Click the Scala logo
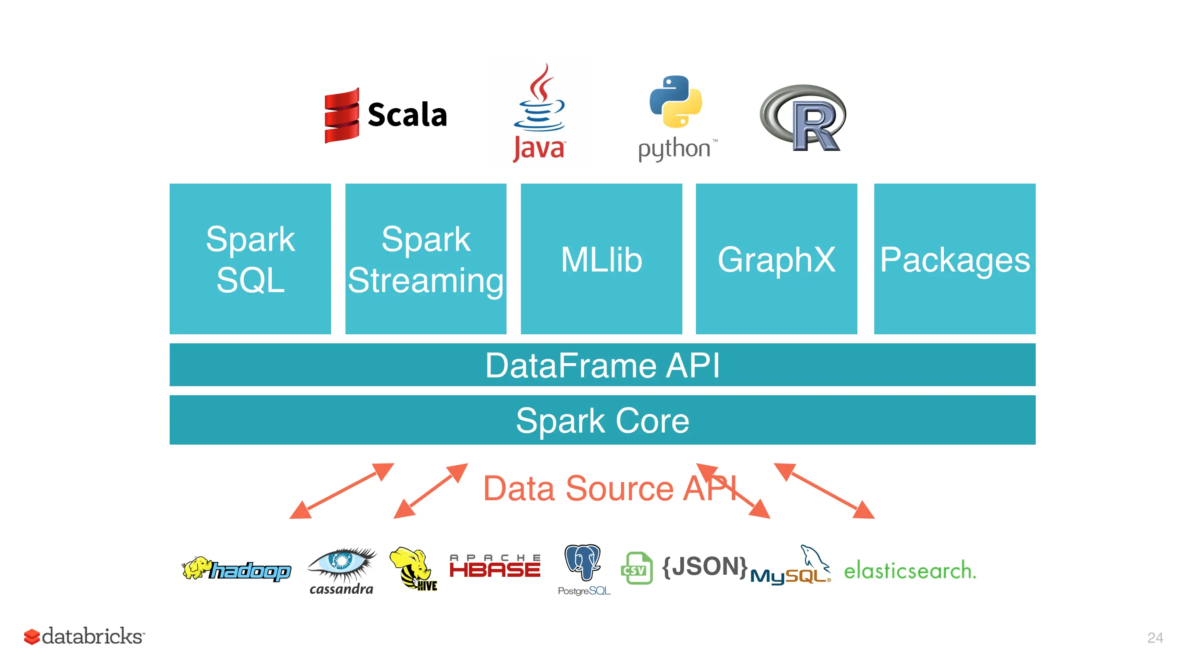click(x=386, y=115)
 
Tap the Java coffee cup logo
click(x=539, y=113)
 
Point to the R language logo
click(x=803, y=118)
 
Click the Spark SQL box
click(x=250, y=259)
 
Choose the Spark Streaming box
click(x=425, y=259)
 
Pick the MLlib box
click(x=601, y=259)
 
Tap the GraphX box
click(x=776, y=259)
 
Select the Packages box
click(x=955, y=259)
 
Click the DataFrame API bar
click(x=602, y=365)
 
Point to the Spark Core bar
click(x=602, y=420)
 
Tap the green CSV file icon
click(x=637, y=569)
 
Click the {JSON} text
click(x=705, y=566)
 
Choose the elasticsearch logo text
click(x=909, y=571)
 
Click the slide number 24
click(x=1155, y=638)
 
